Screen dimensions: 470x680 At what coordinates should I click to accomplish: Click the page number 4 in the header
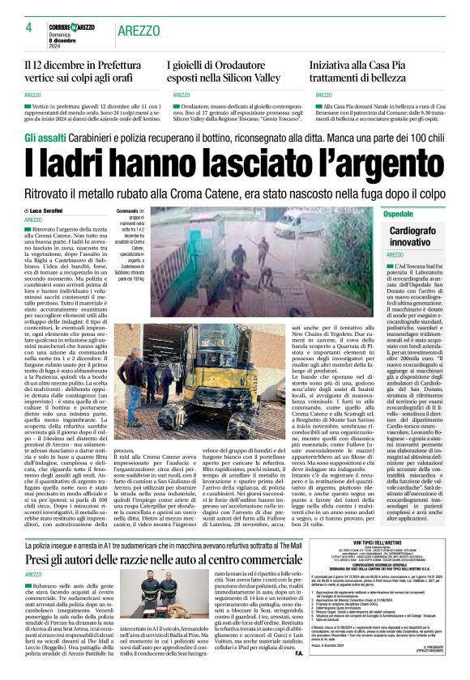point(28,28)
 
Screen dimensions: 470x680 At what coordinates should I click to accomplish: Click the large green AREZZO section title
point(138,30)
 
